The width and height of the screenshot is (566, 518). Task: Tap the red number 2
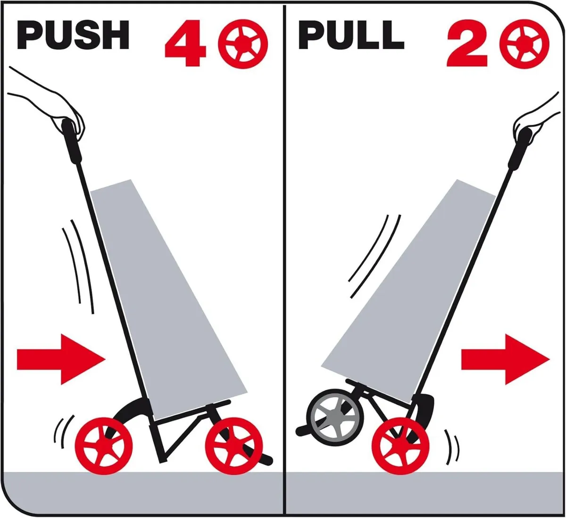[x=467, y=43]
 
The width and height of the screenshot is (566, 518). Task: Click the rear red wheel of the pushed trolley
[x=104, y=446]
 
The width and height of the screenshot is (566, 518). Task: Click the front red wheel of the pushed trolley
[x=234, y=446]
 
